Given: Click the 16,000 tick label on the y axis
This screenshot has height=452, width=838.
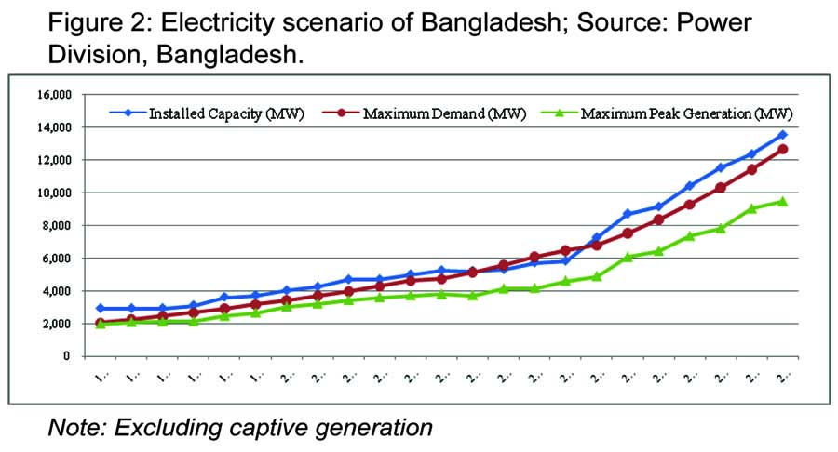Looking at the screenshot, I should click(x=53, y=95).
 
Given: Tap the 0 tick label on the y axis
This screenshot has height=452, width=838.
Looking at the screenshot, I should click(x=67, y=356).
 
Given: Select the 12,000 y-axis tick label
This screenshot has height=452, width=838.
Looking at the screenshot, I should click(x=53, y=160).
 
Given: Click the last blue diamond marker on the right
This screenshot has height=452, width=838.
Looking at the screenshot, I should click(x=782, y=135).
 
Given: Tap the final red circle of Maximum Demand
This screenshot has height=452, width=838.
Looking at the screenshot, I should click(x=782, y=149).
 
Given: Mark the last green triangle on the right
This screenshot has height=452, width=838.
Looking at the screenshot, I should click(x=782, y=201).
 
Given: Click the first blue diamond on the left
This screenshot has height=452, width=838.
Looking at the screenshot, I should click(x=100, y=308).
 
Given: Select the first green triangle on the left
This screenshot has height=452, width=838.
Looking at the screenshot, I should click(x=100, y=325).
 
